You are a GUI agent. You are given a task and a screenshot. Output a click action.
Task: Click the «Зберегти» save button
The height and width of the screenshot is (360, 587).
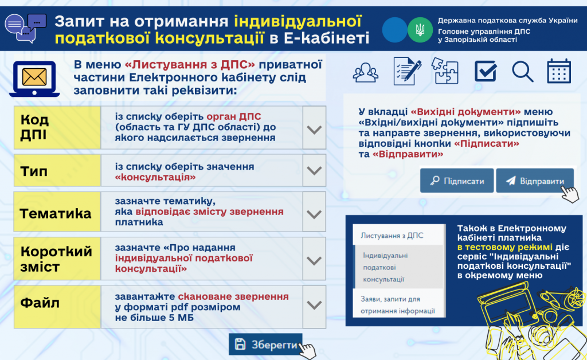click(x=265, y=345)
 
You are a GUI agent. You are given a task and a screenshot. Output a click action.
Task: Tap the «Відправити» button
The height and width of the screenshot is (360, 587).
click(x=535, y=181)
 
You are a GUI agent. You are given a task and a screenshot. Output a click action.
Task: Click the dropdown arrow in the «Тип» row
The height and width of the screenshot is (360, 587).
click(x=314, y=170)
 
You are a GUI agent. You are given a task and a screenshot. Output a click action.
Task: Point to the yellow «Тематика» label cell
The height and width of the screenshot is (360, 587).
click(x=57, y=212)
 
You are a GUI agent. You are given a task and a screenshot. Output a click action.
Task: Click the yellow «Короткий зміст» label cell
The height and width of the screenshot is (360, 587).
click(x=57, y=258)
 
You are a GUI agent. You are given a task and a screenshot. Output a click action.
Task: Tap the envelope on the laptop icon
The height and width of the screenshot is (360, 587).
click(x=34, y=77)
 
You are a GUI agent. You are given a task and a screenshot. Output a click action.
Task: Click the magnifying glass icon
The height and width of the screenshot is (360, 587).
click(x=522, y=71)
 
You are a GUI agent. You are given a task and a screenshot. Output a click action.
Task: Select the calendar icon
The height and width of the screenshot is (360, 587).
click(x=558, y=71)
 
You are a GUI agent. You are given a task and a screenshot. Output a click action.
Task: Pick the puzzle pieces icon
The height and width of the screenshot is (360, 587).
click(x=444, y=71)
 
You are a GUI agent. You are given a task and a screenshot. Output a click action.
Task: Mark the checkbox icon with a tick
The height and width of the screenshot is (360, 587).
click(x=486, y=71)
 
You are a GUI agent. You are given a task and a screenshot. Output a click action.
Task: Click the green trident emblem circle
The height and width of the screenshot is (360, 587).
click(x=420, y=30)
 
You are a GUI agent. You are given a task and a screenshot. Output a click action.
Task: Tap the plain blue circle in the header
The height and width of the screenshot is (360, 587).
click(x=394, y=30)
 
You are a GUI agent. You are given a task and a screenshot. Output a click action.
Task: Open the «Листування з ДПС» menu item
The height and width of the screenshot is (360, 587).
click(x=392, y=236)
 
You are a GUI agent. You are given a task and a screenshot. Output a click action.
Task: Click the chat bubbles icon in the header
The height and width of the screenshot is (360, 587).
click(x=26, y=28)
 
